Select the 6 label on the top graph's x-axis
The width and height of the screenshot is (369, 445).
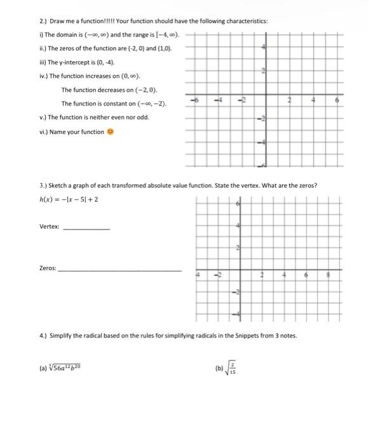point(337,100)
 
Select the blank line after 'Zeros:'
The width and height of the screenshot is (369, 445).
point(120,270)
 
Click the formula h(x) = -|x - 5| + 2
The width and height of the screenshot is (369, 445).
point(69,199)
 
